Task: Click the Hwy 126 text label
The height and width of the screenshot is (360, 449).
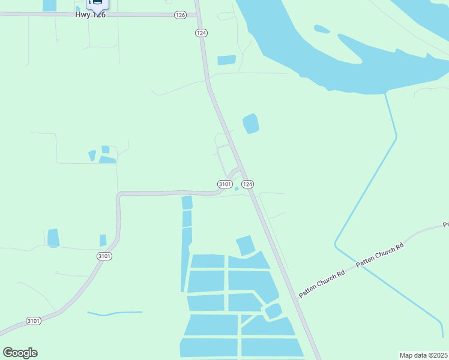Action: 91,14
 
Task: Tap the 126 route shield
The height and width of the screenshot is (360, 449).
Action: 180,15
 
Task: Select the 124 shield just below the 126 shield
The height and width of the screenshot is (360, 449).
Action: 200,33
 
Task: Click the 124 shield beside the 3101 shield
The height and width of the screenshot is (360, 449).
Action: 248,184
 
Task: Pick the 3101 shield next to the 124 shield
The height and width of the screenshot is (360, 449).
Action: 224,184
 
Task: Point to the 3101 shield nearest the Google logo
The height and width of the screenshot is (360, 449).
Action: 34,322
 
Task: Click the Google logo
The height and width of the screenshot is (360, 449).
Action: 20,353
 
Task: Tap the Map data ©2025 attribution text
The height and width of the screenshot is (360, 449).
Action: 424,355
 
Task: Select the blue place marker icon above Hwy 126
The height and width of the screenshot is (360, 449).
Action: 96,4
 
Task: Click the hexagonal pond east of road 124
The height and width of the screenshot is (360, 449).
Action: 250,124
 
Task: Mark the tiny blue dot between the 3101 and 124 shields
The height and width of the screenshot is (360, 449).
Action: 237,189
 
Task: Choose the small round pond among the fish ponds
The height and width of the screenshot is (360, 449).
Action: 273,311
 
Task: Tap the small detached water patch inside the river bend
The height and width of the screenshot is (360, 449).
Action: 321,29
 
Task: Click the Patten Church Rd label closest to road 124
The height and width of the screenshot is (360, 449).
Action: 322,282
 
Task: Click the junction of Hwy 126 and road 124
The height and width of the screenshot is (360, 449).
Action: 197,14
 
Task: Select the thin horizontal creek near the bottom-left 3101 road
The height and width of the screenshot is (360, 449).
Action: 115,313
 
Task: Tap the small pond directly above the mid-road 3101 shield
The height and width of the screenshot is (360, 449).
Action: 103,241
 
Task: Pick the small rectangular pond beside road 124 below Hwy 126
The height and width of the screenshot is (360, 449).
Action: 226,60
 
